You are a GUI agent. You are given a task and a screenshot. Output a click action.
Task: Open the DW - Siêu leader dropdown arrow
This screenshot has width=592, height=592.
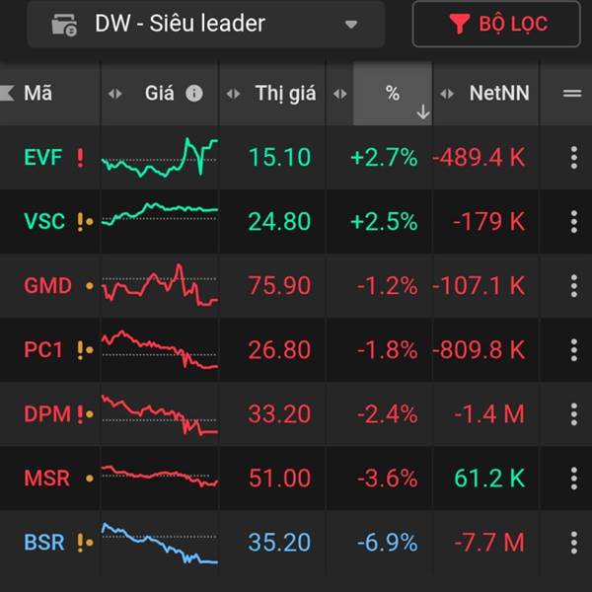tap(351, 25)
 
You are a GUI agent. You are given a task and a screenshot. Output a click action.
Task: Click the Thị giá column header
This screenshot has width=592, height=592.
tap(285, 94)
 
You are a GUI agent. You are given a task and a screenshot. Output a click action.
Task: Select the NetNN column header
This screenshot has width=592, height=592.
tap(498, 94)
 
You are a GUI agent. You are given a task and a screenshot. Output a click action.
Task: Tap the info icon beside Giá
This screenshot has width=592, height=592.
tap(194, 94)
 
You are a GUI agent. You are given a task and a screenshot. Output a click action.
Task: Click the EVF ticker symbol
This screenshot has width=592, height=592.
tap(43, 157)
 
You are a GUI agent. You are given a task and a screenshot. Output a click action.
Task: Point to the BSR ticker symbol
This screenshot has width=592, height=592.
tap(45, 542)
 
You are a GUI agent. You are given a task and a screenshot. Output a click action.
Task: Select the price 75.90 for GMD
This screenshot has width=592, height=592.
tap(279, 285)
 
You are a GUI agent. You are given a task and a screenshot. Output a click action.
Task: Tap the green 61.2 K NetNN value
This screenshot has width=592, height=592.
tap(489, 478)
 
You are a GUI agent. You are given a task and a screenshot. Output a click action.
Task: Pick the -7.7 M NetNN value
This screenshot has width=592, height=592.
tap(489, 542)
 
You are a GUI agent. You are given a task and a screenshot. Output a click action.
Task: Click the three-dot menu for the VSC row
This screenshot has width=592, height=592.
tap(573, 221)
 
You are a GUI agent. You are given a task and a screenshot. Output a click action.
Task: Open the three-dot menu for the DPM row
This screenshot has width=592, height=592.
tap(573, 413)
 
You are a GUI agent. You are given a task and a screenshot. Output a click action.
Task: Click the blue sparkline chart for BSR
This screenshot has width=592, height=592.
tap(159, 544)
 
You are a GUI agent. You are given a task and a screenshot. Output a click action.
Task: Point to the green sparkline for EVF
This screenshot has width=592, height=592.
tap(159, 157)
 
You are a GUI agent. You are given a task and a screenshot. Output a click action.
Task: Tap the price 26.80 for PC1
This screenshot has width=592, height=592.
tap(279, 349)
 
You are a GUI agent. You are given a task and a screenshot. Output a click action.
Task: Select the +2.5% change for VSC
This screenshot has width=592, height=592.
tap(384, 221)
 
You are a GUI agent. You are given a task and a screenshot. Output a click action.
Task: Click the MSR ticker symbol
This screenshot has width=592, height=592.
tap(46, 478)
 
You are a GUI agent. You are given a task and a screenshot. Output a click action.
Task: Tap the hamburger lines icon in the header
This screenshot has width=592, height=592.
tap(572, 94)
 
